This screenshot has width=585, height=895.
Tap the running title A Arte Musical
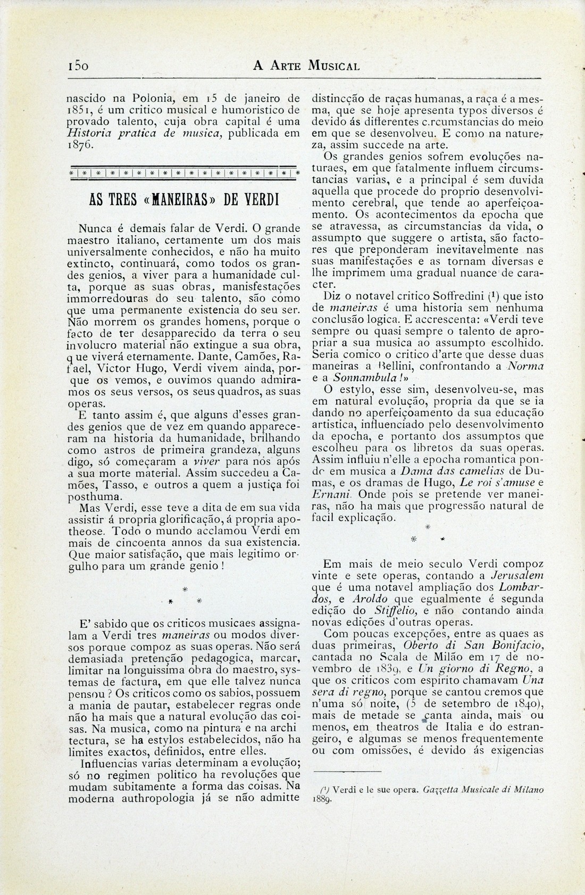click(306, 66)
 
